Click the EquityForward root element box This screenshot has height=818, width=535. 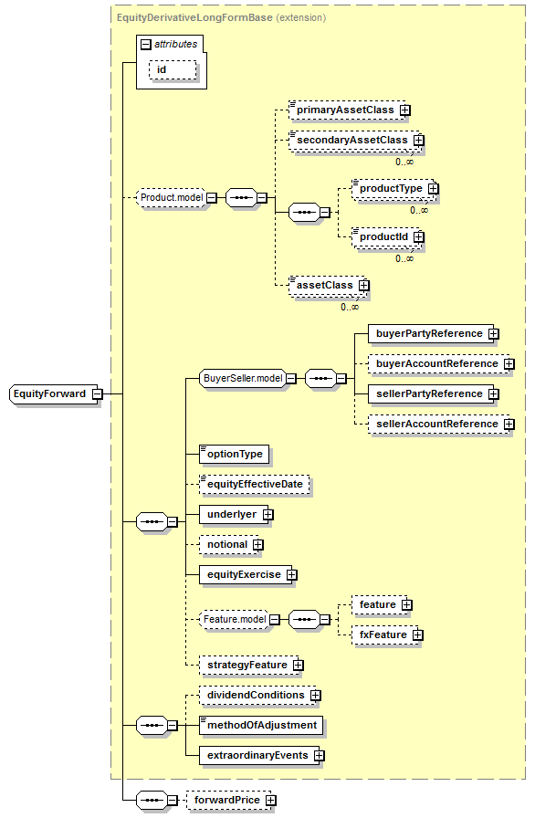click(54, 393)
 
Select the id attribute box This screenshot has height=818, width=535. click(173, 70)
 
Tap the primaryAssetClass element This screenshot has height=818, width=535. click(347, 110)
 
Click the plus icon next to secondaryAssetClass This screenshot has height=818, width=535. click(419, 141)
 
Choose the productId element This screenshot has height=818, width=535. click(386, 237)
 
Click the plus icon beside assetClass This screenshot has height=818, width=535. click(364, 286)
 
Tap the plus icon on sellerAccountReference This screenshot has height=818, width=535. click(509, 425)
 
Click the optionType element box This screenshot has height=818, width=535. click(234, 455)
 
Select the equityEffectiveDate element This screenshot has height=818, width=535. click(255, 485)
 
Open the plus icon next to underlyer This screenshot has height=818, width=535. click(268, 515)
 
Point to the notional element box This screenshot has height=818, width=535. click(229, 545)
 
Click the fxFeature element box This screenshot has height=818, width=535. click(385, 635)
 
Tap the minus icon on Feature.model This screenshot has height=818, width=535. click(274, 620)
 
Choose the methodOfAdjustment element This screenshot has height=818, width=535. click(261, 726)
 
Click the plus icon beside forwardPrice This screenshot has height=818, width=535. click(270, 801)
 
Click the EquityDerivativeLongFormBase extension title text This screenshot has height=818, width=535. click(221, 17)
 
